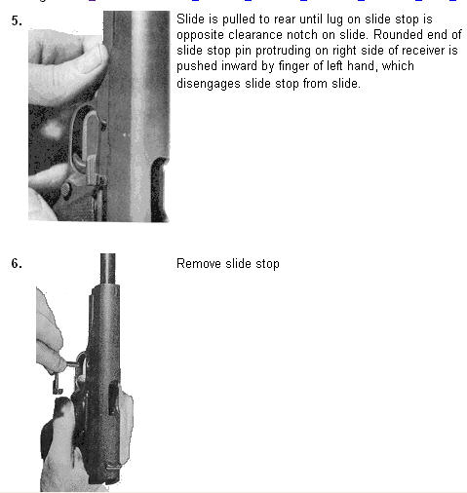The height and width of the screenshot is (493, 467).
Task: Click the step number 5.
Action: (17, 21)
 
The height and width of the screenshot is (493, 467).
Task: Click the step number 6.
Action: (17, 263)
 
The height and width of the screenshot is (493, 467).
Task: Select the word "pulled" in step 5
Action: (238, 19)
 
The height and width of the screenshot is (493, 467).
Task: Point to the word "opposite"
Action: (200, 35)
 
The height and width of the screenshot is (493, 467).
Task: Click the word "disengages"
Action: (209, 84)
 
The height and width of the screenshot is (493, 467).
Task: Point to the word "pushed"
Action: (197, 66)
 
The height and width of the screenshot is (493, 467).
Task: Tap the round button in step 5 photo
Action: (66, 189)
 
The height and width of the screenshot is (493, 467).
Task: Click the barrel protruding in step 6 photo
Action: (107, 269)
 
